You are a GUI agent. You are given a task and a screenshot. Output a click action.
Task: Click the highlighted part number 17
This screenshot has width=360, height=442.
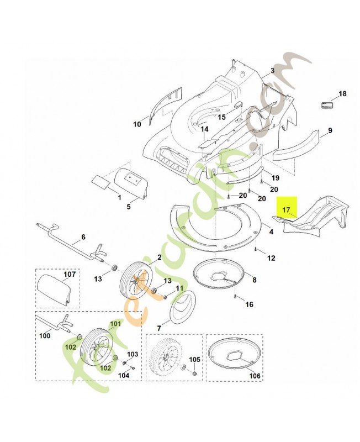coord(286,210)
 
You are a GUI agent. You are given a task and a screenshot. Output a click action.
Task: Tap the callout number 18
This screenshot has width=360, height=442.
coord(342,94)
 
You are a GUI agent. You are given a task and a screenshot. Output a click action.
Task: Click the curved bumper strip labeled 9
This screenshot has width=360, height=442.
coord(298,145)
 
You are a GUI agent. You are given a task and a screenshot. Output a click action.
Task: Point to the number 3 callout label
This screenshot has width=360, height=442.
coord(272,71)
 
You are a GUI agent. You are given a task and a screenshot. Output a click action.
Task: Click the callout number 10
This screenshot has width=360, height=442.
coord(137,124)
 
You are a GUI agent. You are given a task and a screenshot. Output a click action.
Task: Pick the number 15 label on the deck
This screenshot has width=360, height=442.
coord(221,117)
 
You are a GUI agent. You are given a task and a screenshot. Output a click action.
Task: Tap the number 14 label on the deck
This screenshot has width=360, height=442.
coord(204,130)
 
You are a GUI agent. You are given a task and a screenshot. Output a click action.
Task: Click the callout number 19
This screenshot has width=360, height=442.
coord(275,177)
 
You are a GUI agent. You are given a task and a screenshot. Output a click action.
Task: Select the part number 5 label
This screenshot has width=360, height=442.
coord(129,207)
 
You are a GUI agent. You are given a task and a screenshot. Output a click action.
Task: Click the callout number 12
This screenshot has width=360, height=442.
coord(271,257)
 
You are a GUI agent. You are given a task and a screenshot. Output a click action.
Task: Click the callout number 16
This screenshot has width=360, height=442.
coord(249,304)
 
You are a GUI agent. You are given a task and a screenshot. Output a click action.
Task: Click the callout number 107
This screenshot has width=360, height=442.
coord(69,274)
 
